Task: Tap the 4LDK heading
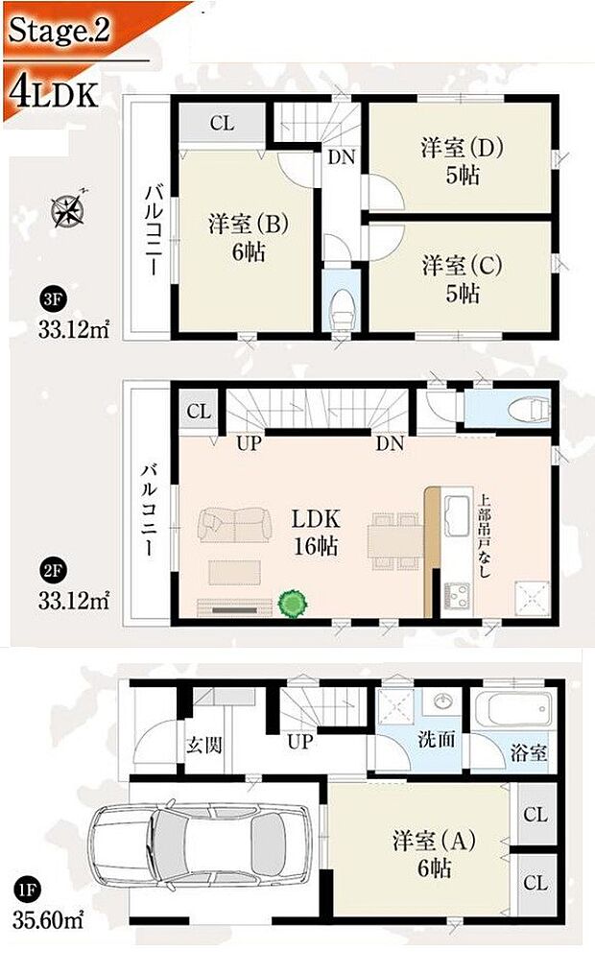(54, 91)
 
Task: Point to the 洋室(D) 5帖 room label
(462, 161)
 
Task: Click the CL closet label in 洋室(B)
(222, 123)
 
